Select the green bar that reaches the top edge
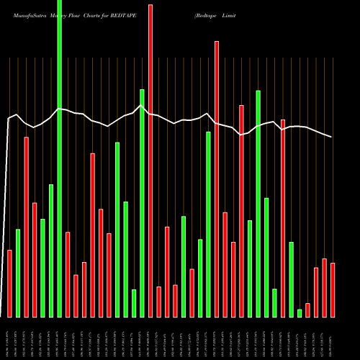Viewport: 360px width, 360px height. tap(60, 158)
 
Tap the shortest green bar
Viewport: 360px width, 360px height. tap(300, 312)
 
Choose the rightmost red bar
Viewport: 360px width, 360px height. tap(333, 289)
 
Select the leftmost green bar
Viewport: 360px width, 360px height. tap(18, 273)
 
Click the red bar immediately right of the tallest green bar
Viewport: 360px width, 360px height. tap(68, 274)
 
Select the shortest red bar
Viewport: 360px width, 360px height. tap(307, 310)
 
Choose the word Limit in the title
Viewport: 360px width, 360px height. tap(229, 14)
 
